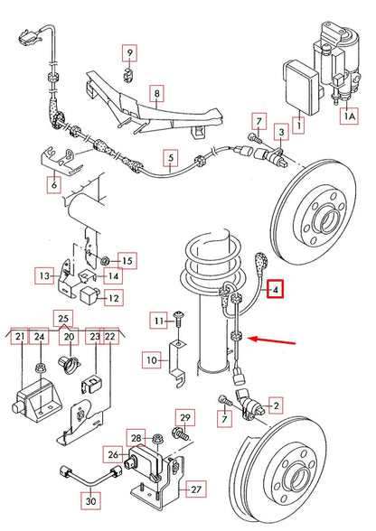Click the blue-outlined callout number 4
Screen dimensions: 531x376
click(x=276, y=290)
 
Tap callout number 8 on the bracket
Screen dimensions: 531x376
click(x=156, y=93)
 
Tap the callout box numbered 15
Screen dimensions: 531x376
click(x=127, y=261)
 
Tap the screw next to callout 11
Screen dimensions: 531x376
click(x=179, y=320)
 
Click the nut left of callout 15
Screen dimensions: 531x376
click(x=107, y=260)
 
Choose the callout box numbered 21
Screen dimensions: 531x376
click(x=18, y=337)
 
